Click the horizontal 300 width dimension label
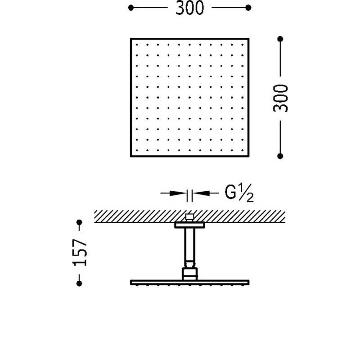coord(189,8)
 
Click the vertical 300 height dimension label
coord(281,98)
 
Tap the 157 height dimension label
coord(80,252)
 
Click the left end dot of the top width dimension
coord(131,8)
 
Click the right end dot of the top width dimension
coord(248,8)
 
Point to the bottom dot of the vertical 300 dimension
coord(280,156)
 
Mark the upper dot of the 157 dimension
coord(80,222)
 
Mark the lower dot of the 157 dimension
coord(80,283)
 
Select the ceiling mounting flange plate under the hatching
coord(189,225)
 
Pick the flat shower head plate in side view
coord(189,283)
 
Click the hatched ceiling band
coord(135,216)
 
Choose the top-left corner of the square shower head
coord(131,39)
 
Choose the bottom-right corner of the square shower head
coord(248,156)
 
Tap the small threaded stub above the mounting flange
coord(189,217)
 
